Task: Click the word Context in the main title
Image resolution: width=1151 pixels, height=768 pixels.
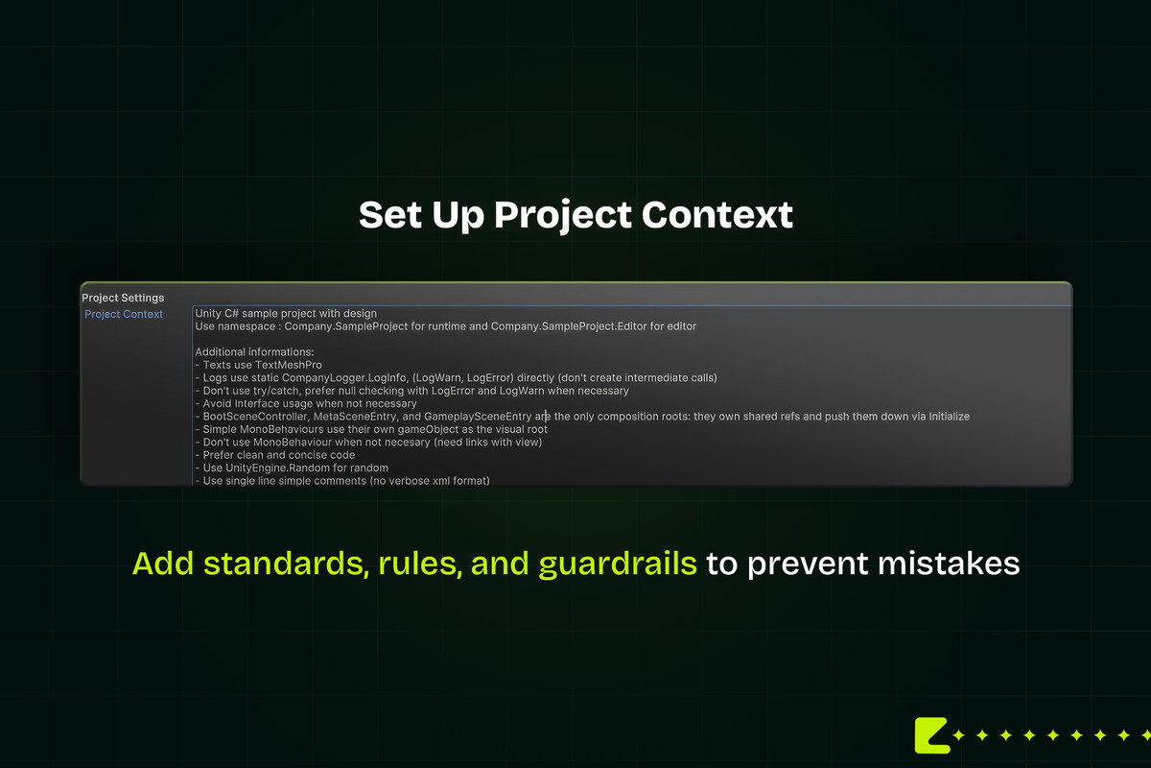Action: click(717, 214)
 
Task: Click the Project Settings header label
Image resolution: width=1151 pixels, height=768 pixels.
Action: click(123, 298)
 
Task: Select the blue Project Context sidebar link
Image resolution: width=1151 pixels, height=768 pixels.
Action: click(124, 314)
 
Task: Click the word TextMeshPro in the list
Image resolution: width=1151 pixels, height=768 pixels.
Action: click(289, 365)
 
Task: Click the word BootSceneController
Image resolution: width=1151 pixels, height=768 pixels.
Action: click(255, 416)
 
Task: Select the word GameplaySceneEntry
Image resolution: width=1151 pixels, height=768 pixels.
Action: click(478, 416)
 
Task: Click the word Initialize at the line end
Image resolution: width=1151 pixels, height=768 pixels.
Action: click(949, 416)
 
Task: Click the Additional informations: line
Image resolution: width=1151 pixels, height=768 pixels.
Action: click(254, 352)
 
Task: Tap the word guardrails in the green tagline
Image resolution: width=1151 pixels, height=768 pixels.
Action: click(618, 564)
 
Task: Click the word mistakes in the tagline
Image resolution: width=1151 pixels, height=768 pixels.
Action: click(949, 564)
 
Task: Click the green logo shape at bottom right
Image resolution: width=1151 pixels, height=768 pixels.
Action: click(931, 735)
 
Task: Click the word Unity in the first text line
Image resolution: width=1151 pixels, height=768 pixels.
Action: click(208, 313)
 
